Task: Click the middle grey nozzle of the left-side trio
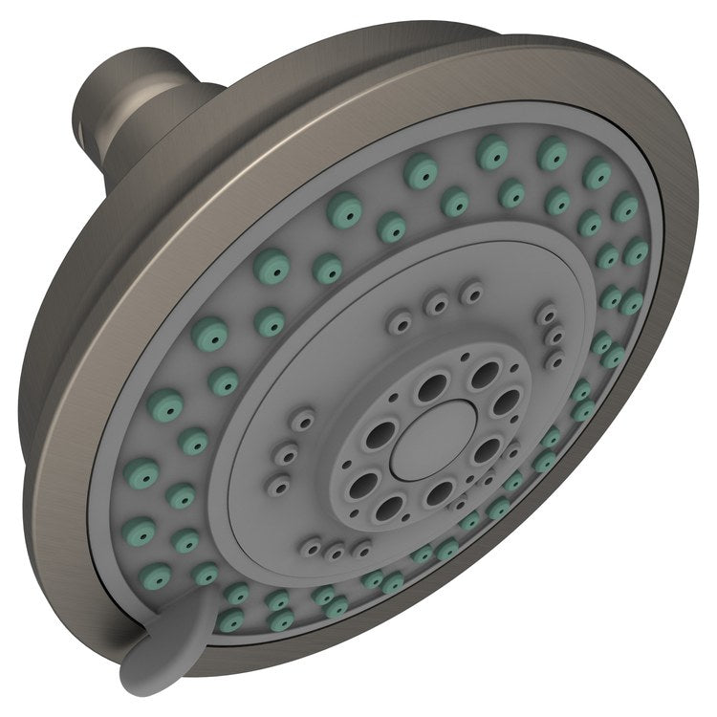[x=285, y=449]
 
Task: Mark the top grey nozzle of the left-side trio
[x=304, y=421]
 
